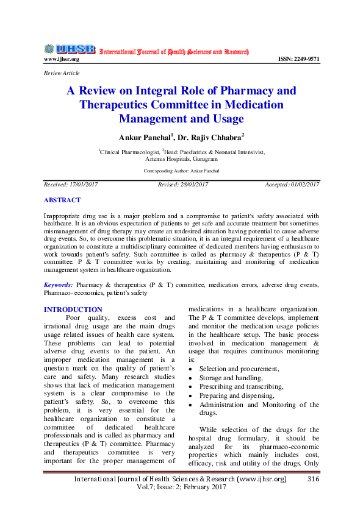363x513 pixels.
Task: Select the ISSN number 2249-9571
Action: [x=298, y=59]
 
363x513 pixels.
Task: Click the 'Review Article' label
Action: [x=62, y=73]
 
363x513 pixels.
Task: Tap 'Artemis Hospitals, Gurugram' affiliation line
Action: [x=182, y=157]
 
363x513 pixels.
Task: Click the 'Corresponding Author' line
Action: [x=182, y=171]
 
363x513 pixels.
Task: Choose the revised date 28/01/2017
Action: [x=183, y=185]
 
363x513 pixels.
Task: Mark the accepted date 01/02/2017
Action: [x=292, y=185]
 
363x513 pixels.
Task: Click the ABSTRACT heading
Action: [x=62, y=200]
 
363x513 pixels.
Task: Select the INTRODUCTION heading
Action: [x=73, y=310]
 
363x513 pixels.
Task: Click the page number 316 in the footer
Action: [x=314, y=479]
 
